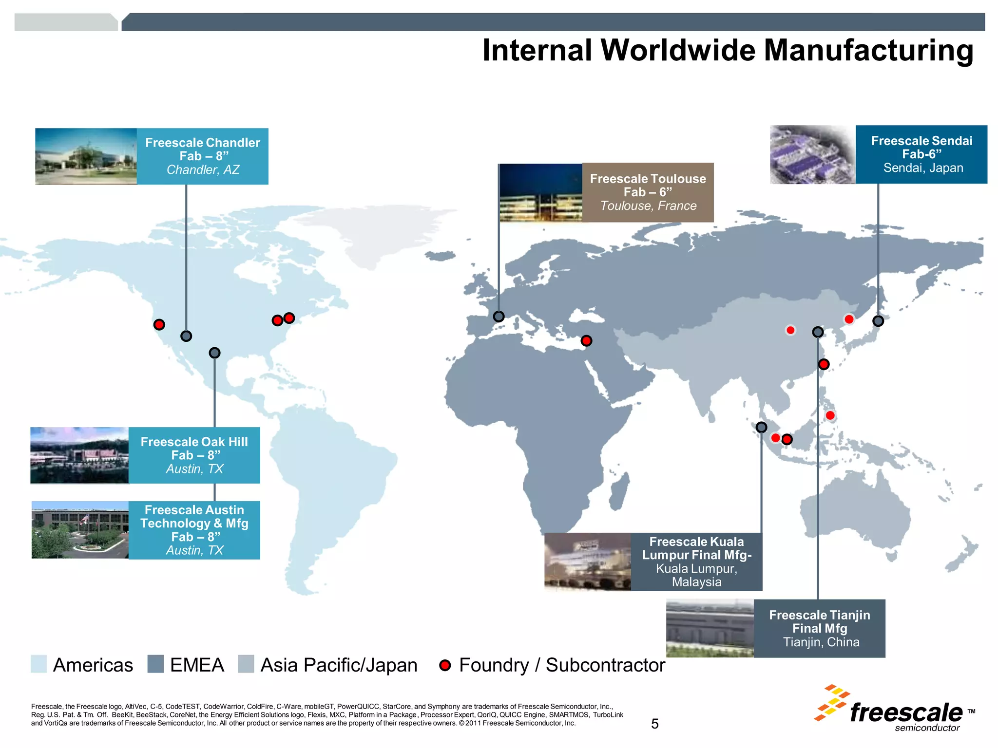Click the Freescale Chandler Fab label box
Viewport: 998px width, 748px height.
(202, 156)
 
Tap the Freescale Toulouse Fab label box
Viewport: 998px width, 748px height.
(648, 192)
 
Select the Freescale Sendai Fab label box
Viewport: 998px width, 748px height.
(921, 154)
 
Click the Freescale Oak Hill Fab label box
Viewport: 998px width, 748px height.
(194, 455)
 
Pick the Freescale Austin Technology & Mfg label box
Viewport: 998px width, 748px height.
(194, 530)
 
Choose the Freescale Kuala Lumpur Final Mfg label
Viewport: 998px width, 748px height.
(696, 561)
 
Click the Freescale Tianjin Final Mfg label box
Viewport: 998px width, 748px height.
(819, 628)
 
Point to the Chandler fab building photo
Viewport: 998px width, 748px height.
(86, 156)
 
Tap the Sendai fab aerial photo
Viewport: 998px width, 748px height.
(812, 155)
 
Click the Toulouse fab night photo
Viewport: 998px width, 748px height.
(540, 193)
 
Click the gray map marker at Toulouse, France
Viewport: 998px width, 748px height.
(499, 317)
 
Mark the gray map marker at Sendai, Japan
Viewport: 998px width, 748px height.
(878, 321)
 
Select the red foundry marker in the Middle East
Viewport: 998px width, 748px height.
(587, 341)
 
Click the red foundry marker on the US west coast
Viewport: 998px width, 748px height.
(159, 324)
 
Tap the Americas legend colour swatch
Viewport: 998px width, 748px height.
(39, 664)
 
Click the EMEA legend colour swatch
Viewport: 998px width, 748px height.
(155, 664)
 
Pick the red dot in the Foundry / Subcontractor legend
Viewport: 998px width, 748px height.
(445, 665)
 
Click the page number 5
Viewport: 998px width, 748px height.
(654, 724)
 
